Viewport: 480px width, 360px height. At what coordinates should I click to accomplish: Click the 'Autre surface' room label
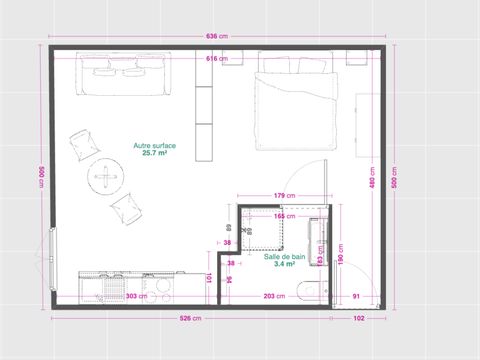coord(155,146)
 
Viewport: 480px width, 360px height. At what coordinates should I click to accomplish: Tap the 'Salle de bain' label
coord(284,256)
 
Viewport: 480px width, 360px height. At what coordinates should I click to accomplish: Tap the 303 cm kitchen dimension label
coord(136,296)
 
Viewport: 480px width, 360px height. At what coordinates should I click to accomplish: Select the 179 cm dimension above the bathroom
coord(283,195)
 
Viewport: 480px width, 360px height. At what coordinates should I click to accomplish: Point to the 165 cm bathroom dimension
coord(283,216)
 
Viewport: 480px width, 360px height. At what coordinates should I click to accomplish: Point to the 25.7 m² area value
coord(155,154)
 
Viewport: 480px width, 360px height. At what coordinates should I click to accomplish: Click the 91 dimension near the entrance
coord(356,296)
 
